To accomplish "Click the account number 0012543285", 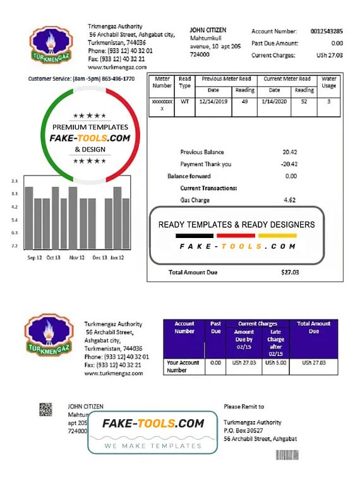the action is (x=327, y=31).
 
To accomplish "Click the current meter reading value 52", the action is (x=304, y=101).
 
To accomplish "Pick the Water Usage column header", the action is (x=328, y=83).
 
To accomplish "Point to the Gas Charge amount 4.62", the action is (x=290, y=200).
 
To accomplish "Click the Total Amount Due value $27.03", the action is (x=290, y=272).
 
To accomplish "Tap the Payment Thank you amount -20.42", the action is (x=289, y=164).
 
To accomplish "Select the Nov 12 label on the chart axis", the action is (x=77, y=258).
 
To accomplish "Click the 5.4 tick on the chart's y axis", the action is (x=14, y=220).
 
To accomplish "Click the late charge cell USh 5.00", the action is (x=275, y=363).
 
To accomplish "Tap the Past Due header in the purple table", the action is (x=215, y=327).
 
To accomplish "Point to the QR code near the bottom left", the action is (x=46, y=409).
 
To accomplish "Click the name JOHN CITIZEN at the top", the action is (x=208, y=30).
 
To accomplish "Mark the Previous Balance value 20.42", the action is (x=290, y=152).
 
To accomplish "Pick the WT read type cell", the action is (x=184, y=101).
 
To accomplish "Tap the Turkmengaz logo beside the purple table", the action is (x=49, y=334).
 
